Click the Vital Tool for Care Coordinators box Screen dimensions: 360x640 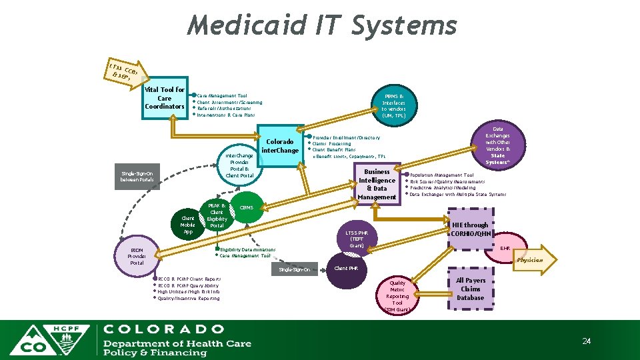point(164,98)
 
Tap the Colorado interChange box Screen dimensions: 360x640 point(280,146)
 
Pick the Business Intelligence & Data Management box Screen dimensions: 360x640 point(377,184)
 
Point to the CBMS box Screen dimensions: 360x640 point(246,208)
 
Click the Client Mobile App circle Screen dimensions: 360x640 point(188,225)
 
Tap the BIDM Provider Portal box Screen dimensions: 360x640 point(137,255)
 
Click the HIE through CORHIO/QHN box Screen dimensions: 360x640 point(471,229)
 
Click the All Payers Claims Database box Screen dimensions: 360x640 point(471,289)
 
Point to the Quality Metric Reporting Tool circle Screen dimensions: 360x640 point(397,295)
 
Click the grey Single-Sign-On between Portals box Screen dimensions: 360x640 point(137,176)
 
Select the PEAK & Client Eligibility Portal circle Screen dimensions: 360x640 point(217,215)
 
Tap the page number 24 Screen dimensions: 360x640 point(587,341)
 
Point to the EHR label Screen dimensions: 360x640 point(505,249)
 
